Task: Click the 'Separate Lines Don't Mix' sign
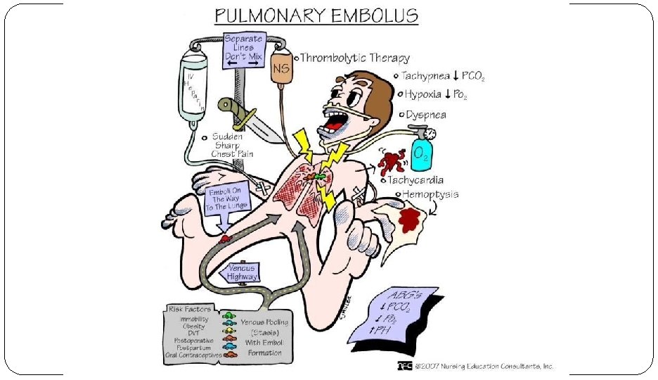tap(242, 51)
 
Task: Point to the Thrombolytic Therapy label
tap(355, 58)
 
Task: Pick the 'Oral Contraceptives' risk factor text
tap(193, 355)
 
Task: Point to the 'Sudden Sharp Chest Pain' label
tap(232, 144)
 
